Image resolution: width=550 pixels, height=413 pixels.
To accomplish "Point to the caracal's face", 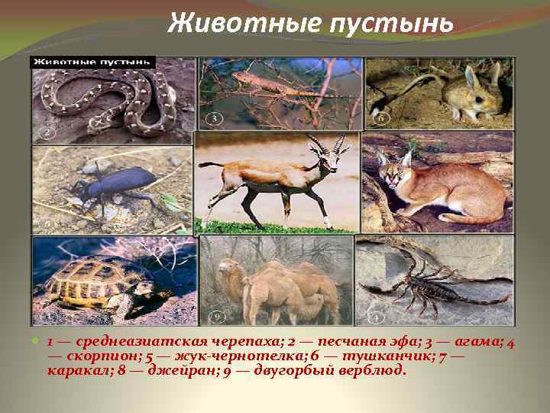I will [x=394, y=173].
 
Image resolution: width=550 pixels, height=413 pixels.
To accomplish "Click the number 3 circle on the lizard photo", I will [x=215, y=119].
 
